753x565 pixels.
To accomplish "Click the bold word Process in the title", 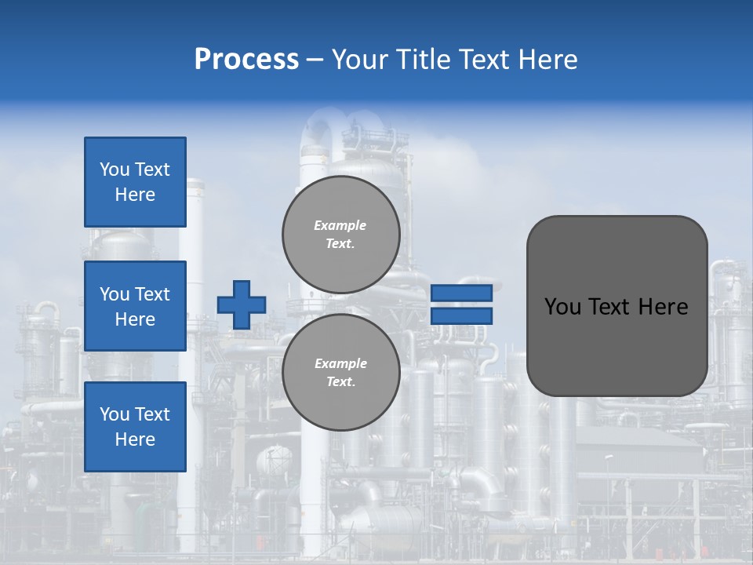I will click(x=246, y=60).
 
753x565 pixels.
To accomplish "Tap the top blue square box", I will click(x=135, y=182).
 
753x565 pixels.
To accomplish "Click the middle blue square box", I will click(x=135, y=306).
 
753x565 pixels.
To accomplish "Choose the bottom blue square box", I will click(x=135, y=426).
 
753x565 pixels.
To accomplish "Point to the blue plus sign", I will click(x=242, y=304).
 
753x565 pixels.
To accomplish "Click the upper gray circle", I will click(x=341, y=234).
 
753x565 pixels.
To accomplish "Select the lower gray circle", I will click(x=341, y=373).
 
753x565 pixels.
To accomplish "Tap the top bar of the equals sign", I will click(x=461, y=293).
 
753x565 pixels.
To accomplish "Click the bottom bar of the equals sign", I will click(x=461, y=315).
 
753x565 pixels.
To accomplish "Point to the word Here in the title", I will click(x=548, y=60).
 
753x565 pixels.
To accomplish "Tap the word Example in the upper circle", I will click(x=340, y=225).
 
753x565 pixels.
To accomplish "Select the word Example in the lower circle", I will click(x=340, y=363).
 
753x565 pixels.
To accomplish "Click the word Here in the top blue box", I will click(x=135, y=195).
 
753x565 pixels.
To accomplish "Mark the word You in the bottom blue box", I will click(x=115, y=414).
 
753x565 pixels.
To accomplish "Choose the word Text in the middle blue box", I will click(x=152, y=294).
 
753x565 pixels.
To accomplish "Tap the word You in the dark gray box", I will click(x=562, y=307).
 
